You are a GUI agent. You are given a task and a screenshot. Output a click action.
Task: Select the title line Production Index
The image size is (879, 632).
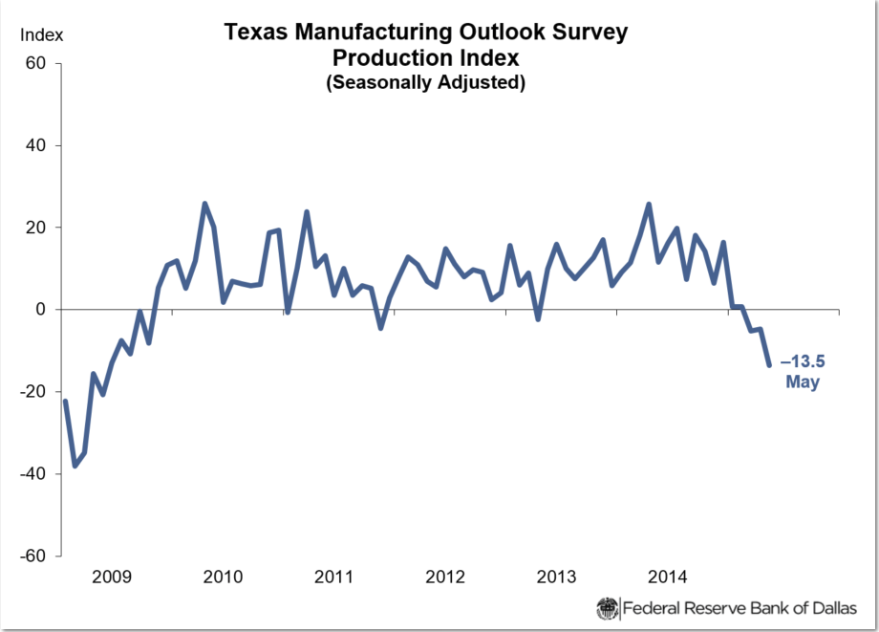coord(425,57)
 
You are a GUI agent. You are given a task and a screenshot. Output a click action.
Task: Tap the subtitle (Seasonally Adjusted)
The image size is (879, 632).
coord(425,82)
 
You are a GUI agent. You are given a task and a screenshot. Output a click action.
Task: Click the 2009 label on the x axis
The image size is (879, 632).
coord(113,577)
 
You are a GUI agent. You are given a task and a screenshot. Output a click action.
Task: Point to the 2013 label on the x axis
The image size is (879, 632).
coord(556,577)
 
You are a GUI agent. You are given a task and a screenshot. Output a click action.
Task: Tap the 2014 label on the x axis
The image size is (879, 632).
coord(667,577)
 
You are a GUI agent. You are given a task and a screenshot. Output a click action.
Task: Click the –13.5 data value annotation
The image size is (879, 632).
coord(803,363)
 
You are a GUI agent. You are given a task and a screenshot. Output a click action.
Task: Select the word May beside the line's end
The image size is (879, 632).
coord(803,382)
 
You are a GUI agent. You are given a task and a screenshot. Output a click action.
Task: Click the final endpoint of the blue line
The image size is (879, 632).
coord(769,365)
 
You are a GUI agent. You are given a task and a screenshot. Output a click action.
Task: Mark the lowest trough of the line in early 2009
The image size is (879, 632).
coord(75,466)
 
